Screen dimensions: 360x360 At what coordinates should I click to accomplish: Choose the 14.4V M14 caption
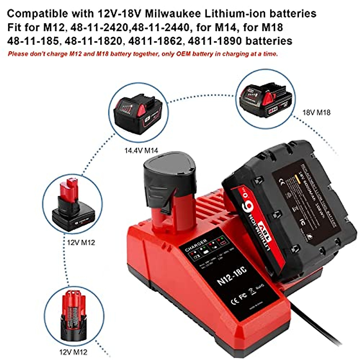141,150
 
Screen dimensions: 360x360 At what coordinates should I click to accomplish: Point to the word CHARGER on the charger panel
196,244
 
